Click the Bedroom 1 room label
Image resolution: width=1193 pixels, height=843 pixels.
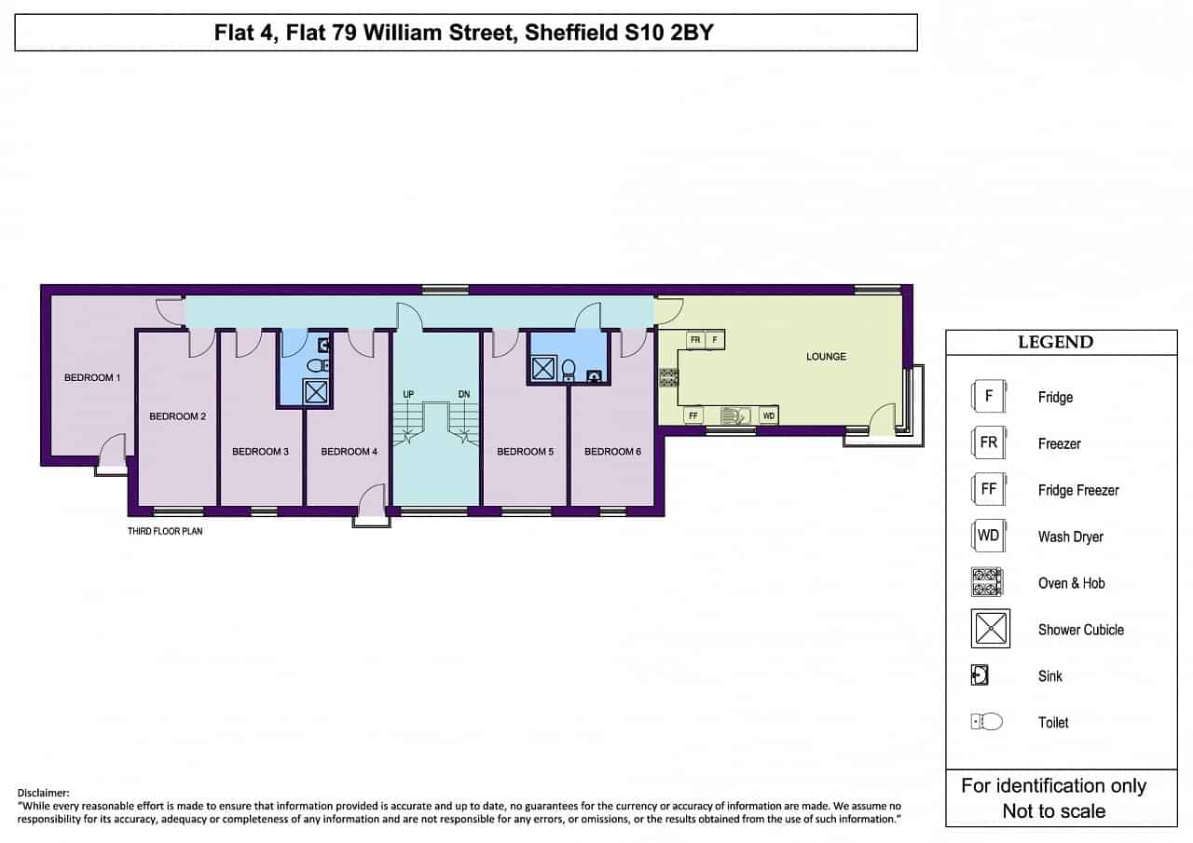[92, 377]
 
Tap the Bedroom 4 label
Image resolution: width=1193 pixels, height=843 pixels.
[349, 451]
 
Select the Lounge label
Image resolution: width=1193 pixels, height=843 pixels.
[826, 357]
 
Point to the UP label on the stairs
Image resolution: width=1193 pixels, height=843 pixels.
[408, 394]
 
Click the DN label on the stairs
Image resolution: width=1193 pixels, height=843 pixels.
[464, 394]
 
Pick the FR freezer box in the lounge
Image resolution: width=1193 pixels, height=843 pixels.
[695, 340]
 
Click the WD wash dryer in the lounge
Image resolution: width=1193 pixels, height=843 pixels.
[769, 415]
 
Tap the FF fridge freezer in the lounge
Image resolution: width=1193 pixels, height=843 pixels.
[692, 415]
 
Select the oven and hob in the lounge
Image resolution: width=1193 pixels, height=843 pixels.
[669, 377]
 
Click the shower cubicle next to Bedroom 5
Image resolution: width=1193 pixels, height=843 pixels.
[543, 368]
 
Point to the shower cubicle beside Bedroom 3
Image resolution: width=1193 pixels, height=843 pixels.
[316, 392]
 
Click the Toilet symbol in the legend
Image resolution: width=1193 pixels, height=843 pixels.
[987, 722]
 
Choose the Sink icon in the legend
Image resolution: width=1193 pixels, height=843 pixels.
[980, 675]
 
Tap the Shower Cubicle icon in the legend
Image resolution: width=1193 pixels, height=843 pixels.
[991, 629]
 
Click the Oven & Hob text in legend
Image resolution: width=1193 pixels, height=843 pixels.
[1072, 583]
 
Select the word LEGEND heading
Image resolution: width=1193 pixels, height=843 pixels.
[1056, 342]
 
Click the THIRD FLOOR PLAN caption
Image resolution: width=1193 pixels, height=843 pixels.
[165, 531]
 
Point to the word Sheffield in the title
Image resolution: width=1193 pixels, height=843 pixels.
[570, 33]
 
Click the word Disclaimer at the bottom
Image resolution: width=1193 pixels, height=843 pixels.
[43, 793]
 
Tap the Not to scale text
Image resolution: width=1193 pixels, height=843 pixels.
[1054, 811]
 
